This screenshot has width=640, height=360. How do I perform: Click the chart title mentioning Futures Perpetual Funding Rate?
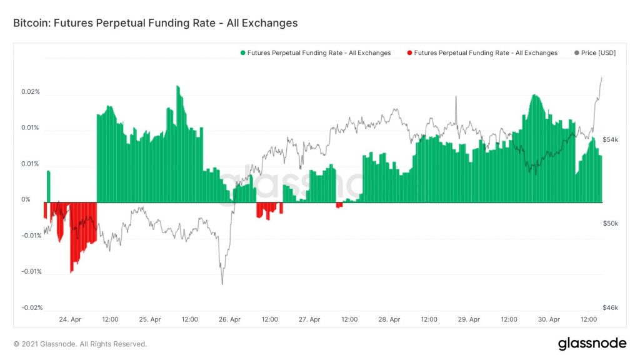pos(155,23)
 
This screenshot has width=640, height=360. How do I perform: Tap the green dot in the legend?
pos(243,53)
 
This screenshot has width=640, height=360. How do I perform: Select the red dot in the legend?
pos(409,53)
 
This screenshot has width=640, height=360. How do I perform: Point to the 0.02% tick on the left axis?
pos(29,92)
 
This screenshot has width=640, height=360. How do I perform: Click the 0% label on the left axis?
pos(26,200)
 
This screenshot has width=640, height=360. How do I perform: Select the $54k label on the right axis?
pos(609,139)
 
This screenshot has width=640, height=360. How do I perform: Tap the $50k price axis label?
pos(609,223)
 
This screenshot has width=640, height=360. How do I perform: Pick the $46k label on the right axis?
pos(609,307)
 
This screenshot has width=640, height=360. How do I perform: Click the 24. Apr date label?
pos(71,319)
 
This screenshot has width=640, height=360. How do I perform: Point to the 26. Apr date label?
pos(230,319)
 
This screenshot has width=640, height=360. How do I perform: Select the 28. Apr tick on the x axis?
pos(389,319)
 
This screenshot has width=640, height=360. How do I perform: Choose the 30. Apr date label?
pos(549,319)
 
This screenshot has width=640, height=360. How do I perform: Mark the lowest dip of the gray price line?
pos(222,283)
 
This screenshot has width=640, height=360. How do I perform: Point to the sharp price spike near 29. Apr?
pos(456,98)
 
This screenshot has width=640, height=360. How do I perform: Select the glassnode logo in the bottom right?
pos(591,343)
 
